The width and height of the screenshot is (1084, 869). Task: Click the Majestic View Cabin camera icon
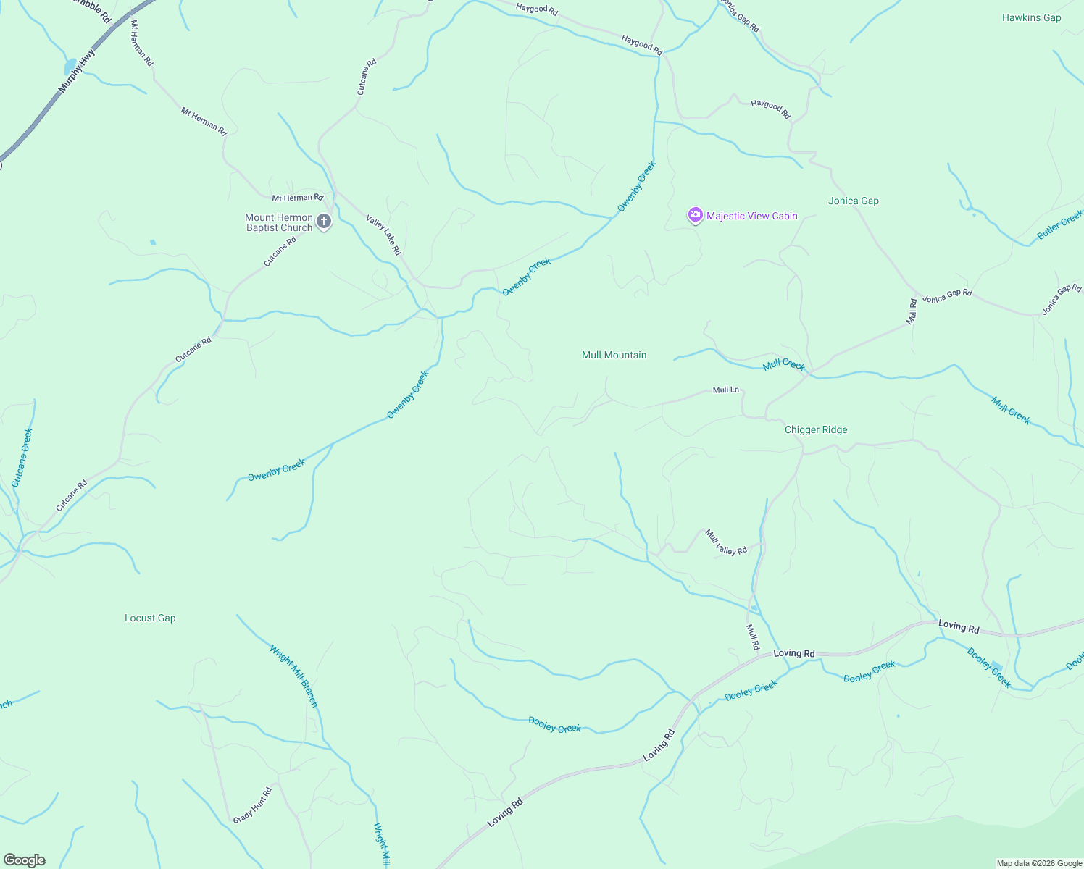click(x=696, y=215)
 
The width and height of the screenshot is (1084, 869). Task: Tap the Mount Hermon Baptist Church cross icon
click(x=324, y=222)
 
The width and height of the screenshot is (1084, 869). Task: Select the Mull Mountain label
click(x=614, y=355)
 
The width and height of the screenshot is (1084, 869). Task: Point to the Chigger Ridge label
click(x=816, y=429)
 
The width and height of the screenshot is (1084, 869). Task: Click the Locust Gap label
click(x=150, y=618)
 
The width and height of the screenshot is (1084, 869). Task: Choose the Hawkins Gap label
click(x=1031, y=17)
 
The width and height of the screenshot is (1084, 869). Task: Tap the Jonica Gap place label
click(x=853, y=201)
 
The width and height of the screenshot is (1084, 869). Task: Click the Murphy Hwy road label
click(x=77, y=71)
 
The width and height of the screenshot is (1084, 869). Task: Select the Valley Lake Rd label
click(x=383, y=235)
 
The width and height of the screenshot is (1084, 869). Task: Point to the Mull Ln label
click(x=725, y=390)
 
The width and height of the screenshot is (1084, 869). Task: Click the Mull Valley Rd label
click(x=726, y=542)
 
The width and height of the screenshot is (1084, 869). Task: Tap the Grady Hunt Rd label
click(x=252, y=805)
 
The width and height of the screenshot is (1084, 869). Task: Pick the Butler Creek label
click(x=1059, y=224)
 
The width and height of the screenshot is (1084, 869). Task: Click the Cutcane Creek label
click(x=22, y=457)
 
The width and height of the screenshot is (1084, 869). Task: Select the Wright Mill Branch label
click(x=293, y=675)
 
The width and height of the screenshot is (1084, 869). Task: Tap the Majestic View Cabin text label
click(x=751, y=216)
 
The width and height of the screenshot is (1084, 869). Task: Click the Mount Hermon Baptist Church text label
click(x=279, y=222)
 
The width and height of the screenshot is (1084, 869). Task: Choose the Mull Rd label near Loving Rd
click(x=753, y=636)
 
